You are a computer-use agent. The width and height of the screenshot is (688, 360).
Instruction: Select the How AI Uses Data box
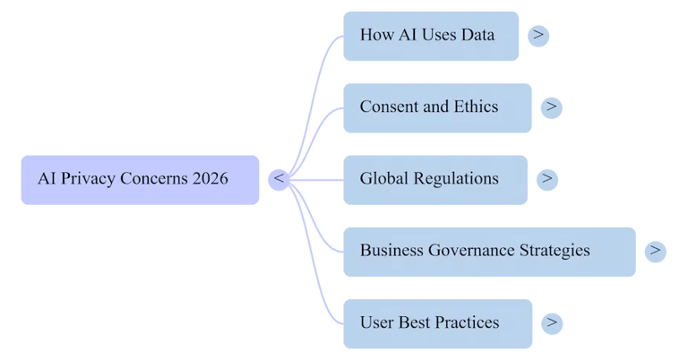tap(431, 36)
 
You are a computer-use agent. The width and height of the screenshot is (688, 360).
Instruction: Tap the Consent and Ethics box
tap(438, 107)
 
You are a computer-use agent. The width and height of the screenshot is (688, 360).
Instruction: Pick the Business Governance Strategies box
tap(489, 251)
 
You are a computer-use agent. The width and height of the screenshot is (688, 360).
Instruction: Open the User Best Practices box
tap(438, 322)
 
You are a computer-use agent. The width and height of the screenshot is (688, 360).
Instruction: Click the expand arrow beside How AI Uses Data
tap(538, 36)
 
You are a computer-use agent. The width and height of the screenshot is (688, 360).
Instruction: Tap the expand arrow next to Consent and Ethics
tap(552, 107)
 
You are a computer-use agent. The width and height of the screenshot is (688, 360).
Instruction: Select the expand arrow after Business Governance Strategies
tap(656, 251)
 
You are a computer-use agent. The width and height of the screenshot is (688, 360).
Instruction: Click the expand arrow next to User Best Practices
tap(552, 322)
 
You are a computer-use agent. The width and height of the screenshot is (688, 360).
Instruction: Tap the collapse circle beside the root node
tap(279, 179)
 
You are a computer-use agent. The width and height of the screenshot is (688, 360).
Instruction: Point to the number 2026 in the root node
tap(210, 179)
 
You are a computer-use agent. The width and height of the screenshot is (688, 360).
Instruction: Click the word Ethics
tap(475, 107)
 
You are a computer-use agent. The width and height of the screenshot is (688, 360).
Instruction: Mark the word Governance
tap(474, 251)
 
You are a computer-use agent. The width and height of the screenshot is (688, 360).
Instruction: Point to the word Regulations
tap(455, 179)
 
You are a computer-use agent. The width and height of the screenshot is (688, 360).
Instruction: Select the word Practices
tap(466, 322)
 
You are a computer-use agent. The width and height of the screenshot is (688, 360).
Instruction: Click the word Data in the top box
tap(476, 36)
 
